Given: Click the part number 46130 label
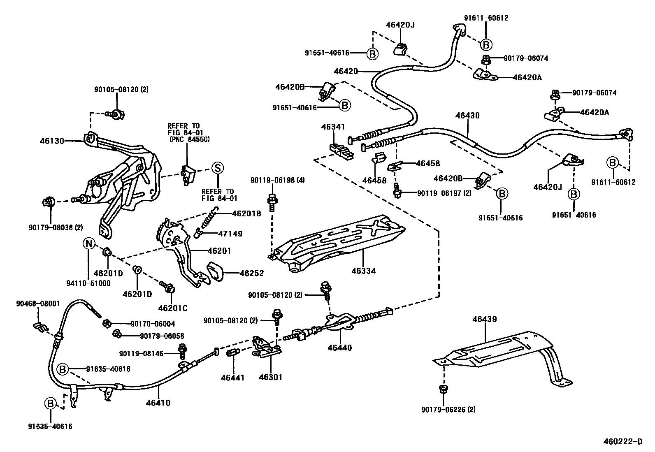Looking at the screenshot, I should (52, 141).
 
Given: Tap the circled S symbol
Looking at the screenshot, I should (217, 168).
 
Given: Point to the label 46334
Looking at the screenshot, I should (363, 271).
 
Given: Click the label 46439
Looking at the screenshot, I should (484, 319).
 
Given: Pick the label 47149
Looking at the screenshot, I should (230, 234).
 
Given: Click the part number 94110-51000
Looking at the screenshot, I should (88, 283).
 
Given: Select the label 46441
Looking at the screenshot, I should (232, 377).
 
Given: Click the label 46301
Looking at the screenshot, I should (270, 377).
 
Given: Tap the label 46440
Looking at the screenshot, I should (340, 348).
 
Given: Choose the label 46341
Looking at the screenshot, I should (333, 127).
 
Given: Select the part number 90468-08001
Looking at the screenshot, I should (38, 304).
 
